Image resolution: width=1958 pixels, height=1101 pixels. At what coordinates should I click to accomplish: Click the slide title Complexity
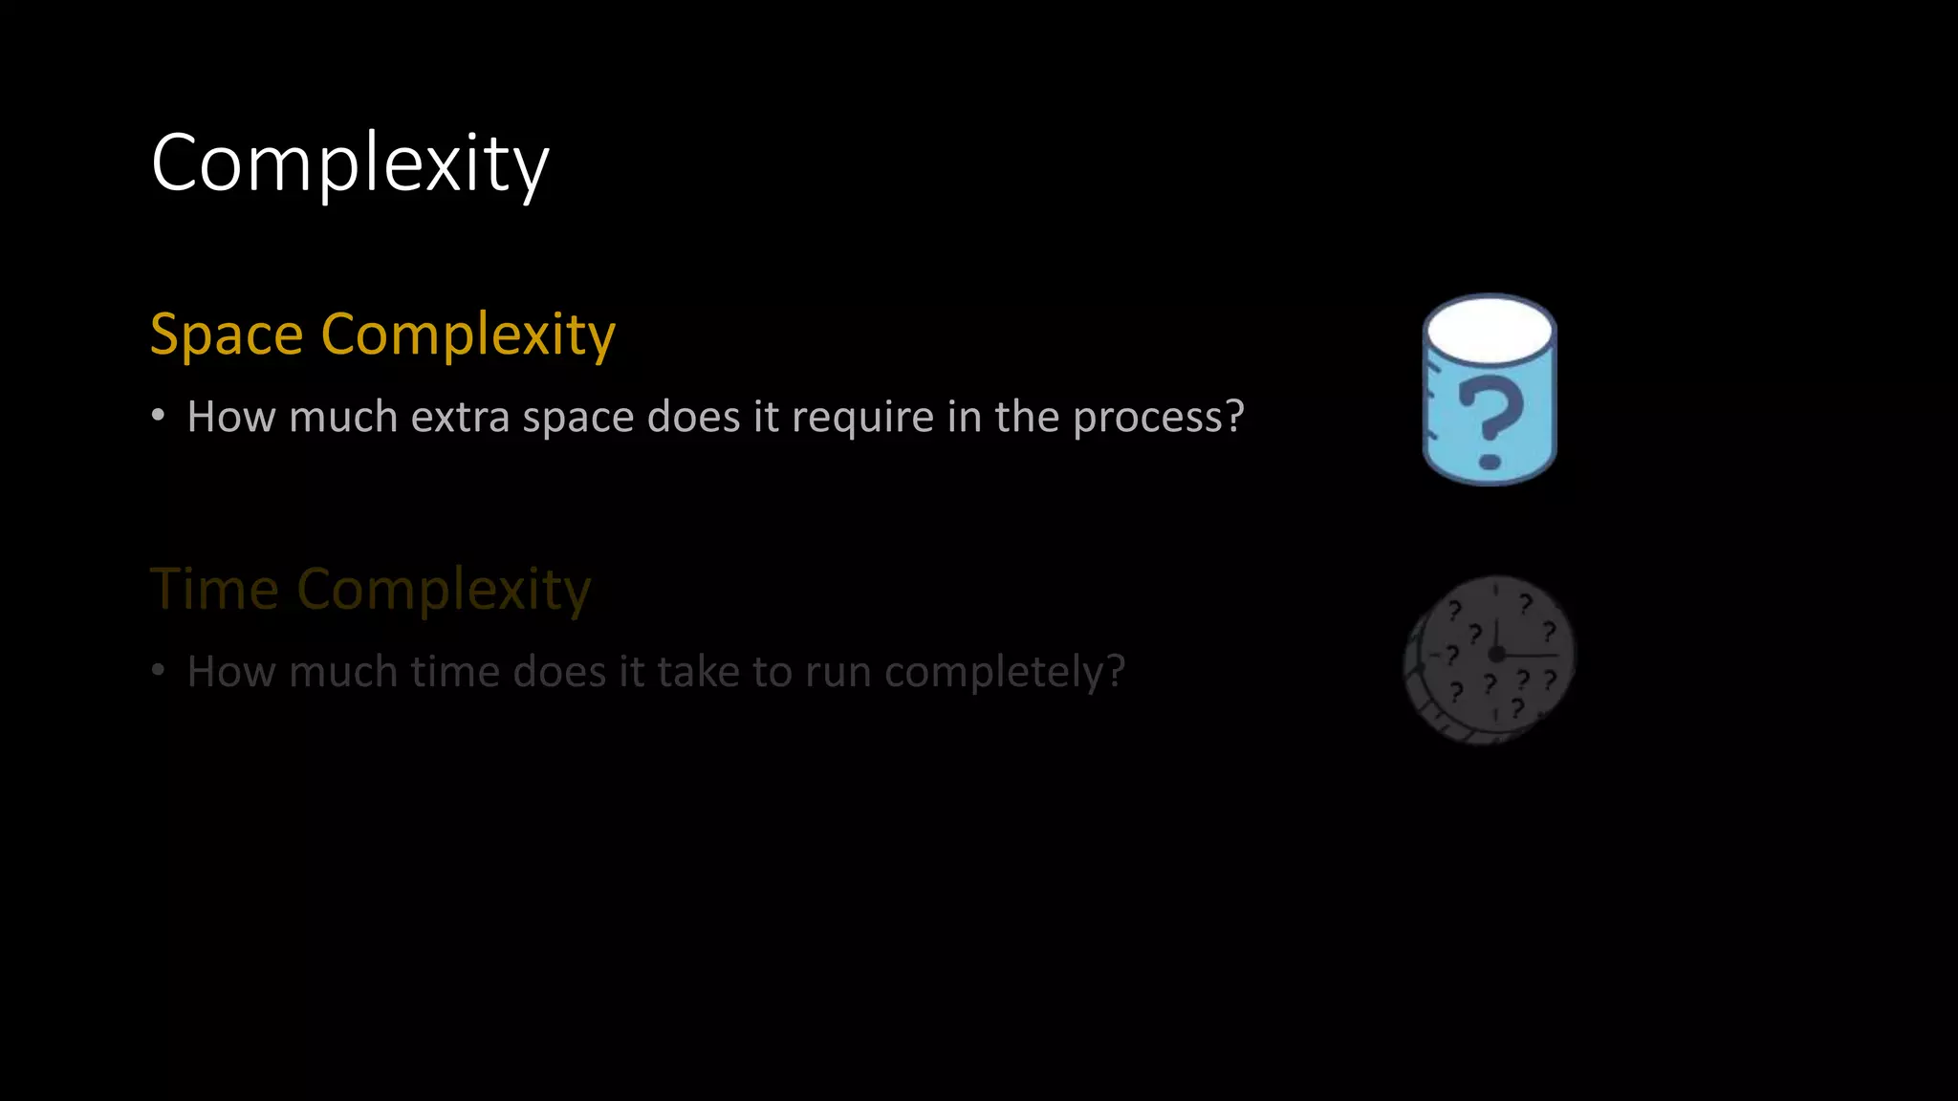point(350,164)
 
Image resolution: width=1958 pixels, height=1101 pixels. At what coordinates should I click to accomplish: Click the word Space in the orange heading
point(227,335)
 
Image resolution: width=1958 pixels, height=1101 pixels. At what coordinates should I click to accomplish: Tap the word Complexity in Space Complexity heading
point(468,336)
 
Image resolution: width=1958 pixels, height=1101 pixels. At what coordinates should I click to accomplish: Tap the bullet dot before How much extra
point(159,416)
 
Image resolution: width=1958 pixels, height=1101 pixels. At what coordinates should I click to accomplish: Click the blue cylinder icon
point(1490,390)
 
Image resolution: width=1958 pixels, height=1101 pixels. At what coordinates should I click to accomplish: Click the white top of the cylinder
point(1489,329)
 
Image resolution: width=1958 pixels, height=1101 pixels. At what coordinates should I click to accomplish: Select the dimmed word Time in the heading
point(214,589)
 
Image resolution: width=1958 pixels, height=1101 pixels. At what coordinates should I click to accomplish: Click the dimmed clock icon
point(1489,659)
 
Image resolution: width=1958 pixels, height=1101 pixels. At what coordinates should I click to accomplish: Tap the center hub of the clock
point(1497,654)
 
